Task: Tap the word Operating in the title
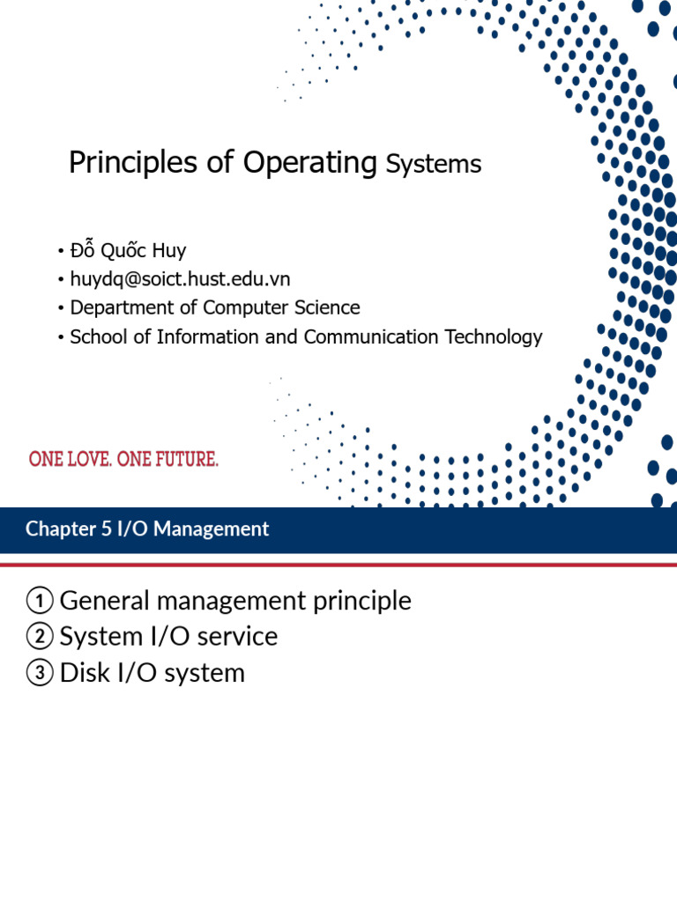tap(309, 163)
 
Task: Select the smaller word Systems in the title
tap(433, 165)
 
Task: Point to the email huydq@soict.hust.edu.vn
tap(180, 279)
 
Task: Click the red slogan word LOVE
tap(86, 459)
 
